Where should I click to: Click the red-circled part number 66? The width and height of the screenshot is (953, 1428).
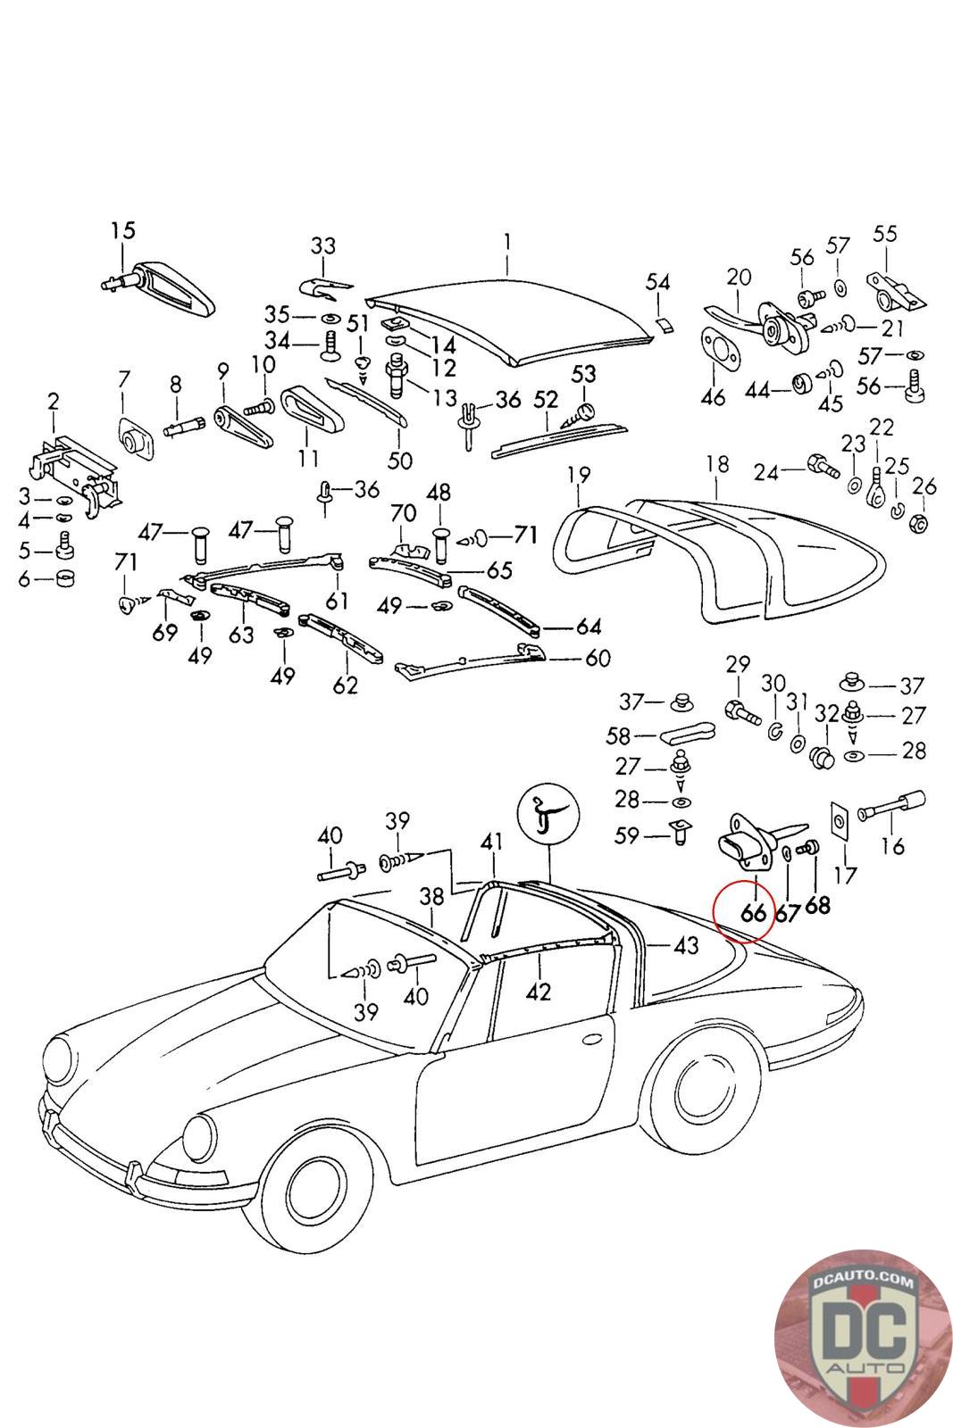(753, 912)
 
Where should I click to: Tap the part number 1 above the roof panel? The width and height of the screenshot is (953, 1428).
(506, 242)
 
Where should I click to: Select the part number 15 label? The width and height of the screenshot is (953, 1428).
(123, 230)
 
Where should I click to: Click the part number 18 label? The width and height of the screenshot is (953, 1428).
(716, 465)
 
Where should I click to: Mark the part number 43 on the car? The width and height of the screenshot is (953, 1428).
(685, 946)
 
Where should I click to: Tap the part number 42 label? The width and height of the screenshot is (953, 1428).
(539, 991)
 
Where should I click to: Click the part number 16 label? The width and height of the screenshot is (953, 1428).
(892, 845)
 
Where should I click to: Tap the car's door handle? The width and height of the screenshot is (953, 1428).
(593, 1041)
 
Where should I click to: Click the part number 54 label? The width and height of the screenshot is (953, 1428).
(657, 282)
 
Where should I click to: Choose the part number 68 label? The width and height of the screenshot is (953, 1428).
(816, 905)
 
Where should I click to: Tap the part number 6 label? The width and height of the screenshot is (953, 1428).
(24, 579)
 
